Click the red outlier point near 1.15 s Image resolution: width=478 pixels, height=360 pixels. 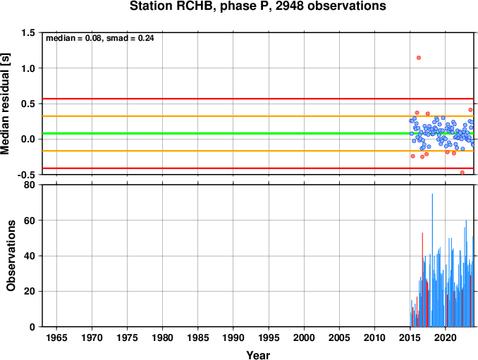coord(419,58)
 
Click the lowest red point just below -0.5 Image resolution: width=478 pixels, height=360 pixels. coord(462,173)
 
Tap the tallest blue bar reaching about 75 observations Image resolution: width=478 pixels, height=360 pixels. coord(432,260)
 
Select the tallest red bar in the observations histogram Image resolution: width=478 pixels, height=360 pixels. coord(422,280)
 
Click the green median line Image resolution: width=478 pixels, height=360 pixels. coord(258,133)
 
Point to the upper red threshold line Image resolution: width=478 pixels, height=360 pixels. coord(258,99)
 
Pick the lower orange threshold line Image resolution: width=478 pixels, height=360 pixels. coord(258,151)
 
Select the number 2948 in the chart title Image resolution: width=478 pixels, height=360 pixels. coord(289,6)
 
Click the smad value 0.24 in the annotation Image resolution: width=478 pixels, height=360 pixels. coord(146,38)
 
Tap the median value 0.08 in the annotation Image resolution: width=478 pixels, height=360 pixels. coord(93,38)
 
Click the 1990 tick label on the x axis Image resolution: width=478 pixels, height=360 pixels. coord(233,337)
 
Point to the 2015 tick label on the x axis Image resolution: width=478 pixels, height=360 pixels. coord(410,337)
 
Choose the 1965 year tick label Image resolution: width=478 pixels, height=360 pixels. coord(56,337)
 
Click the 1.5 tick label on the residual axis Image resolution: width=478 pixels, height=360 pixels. coord(27,32)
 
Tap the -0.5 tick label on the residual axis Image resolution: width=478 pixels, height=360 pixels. coord(26,175)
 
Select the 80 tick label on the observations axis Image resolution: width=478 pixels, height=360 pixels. coord(30,185)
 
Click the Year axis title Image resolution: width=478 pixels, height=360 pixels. coord(258,355)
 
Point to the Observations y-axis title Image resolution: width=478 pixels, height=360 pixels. coord(11,256)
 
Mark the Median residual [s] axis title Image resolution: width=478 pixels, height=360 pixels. coord(5,104)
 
